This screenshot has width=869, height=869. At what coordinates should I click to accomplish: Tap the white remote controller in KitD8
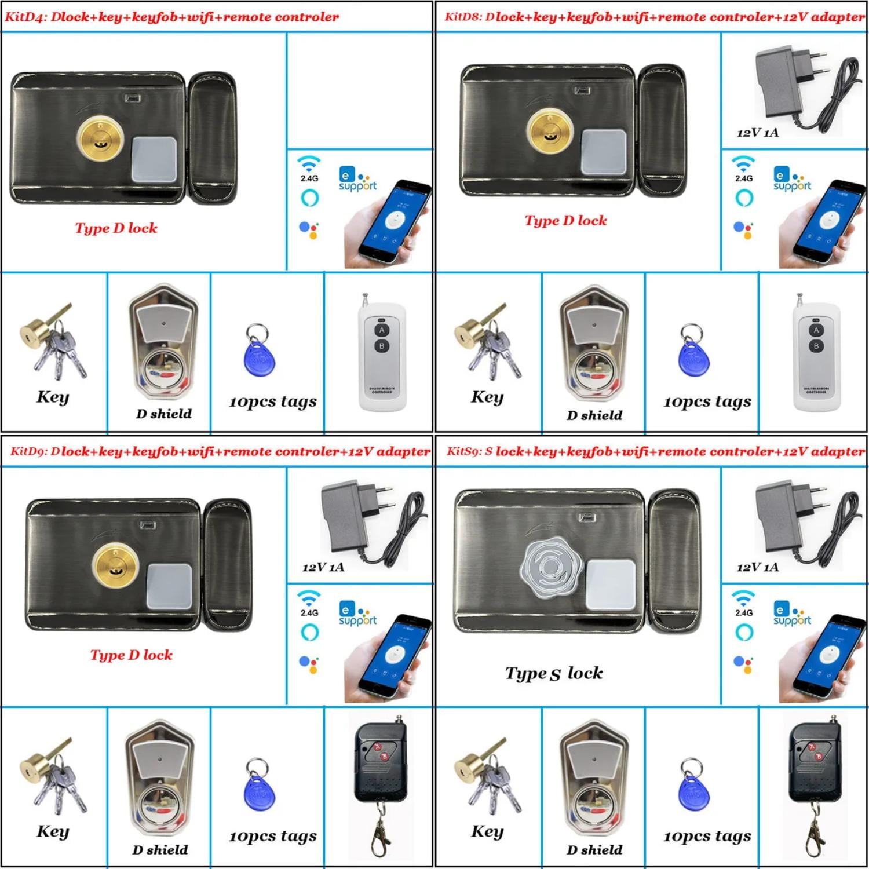point(816,353)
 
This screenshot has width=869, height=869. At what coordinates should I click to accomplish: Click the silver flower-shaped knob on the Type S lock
point(550,567)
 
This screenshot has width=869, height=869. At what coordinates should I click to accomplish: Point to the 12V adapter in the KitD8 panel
point(802,87)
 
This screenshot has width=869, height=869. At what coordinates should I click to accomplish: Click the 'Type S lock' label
point(554,673)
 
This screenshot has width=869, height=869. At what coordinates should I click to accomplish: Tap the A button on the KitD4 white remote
point(381,330)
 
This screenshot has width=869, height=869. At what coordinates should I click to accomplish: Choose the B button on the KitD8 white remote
point(816,346)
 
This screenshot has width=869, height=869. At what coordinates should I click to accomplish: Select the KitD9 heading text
point(220,451)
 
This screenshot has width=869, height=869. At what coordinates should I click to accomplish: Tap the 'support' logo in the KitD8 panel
point(791,180)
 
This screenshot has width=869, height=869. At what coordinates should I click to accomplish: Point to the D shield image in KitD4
point(164,342)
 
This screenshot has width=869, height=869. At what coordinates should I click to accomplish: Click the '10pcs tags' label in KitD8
point(707,401)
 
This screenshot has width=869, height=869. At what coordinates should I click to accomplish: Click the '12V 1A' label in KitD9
point(323,567)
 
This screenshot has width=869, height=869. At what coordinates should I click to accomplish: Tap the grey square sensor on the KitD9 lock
point(169,586)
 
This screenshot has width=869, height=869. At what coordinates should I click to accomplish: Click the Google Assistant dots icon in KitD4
point(309,230)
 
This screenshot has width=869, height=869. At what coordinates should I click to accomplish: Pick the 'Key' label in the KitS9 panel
point(487,831)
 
